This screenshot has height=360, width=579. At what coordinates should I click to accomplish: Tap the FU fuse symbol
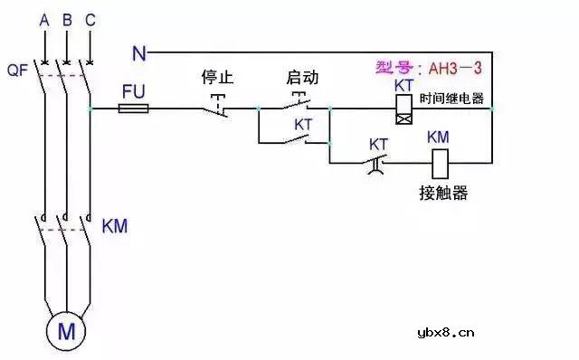[134, 109]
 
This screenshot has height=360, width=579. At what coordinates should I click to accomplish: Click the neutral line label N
[138, 52]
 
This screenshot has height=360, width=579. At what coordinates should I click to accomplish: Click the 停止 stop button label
[217, 78]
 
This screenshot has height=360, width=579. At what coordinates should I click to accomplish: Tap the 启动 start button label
[301, 78]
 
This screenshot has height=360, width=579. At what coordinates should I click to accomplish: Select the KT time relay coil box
[404, 109]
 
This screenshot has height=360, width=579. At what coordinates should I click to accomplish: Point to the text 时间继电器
[452, 98]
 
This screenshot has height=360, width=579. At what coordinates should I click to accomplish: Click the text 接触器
[443, 194]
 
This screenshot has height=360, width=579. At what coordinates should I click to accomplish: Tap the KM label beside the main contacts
[115, 225]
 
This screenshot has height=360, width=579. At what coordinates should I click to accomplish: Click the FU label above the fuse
[132, 91]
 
